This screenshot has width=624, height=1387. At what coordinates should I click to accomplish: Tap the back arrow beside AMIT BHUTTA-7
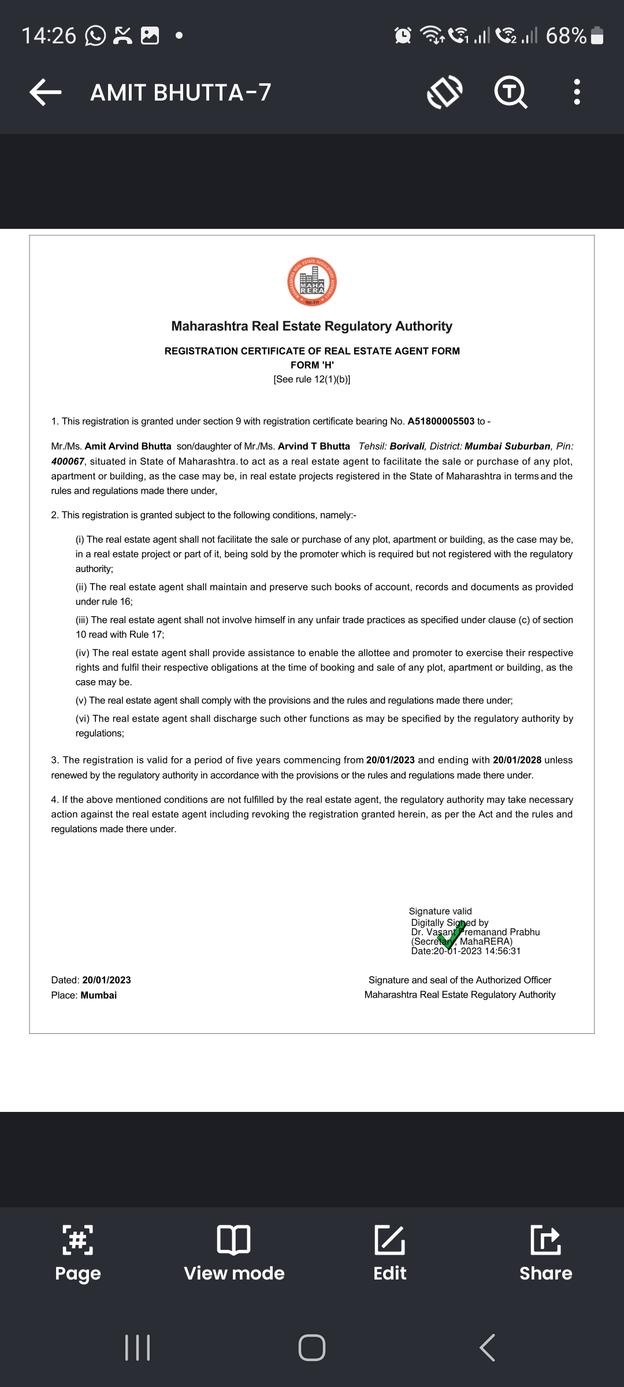tap(46, 92)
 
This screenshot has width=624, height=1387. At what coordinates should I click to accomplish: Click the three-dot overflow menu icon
tap(576, 92)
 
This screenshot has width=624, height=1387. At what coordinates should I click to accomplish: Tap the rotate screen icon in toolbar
tap(444, 92)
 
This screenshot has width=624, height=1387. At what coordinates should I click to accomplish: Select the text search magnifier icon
tap(511, 92)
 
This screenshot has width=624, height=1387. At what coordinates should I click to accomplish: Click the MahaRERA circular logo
tap(312, 282)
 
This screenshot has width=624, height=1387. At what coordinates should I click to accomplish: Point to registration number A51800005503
tap(441, 421)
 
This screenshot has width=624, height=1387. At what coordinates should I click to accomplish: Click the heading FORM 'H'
tap(312, 365)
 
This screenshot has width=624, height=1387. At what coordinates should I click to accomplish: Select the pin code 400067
tap(68, 461)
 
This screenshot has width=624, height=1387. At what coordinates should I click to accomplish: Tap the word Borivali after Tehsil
tap(407, 446)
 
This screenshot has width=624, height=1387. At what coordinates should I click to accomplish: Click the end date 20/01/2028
tap(517, 760)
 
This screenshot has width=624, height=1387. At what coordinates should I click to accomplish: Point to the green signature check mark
tap(452, 934)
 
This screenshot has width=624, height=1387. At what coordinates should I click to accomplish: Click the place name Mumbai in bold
tap(98, 995)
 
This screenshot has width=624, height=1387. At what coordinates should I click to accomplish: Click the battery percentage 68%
tap(566, 36)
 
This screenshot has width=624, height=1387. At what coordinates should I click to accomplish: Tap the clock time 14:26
tap(49, 36)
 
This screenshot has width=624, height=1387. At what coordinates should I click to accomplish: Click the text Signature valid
tap(440, 911)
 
